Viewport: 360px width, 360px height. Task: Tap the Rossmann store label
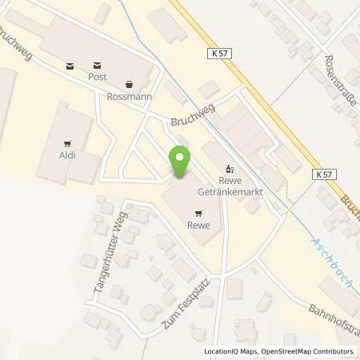[129, 94]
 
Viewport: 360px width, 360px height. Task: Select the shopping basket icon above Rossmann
[129, 82]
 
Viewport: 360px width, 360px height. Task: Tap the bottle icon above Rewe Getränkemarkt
[231, 169]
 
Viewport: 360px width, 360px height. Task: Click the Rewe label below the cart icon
[198, 226]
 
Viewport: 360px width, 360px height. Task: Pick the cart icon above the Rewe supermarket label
[198, 213]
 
